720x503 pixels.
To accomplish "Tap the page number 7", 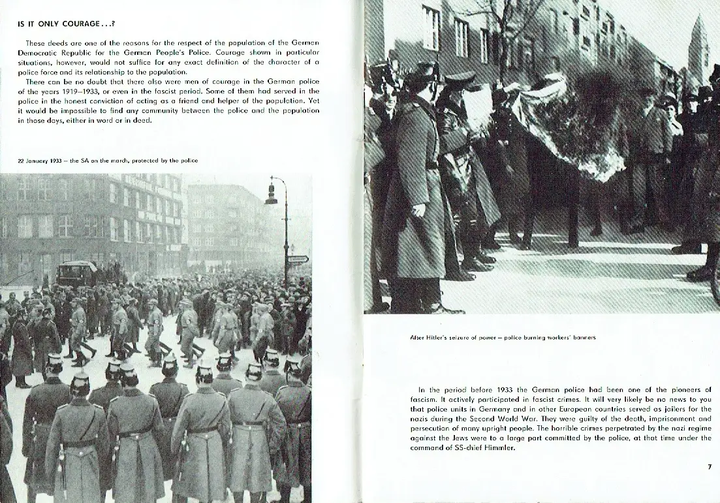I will tap(709, 466).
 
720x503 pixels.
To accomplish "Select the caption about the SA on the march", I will tap(108, 160).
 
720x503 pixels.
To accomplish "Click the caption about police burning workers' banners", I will tap(503, 338).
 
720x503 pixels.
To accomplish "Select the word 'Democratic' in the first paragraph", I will tap(41, 52).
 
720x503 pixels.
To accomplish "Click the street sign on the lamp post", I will tap(297, 259).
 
